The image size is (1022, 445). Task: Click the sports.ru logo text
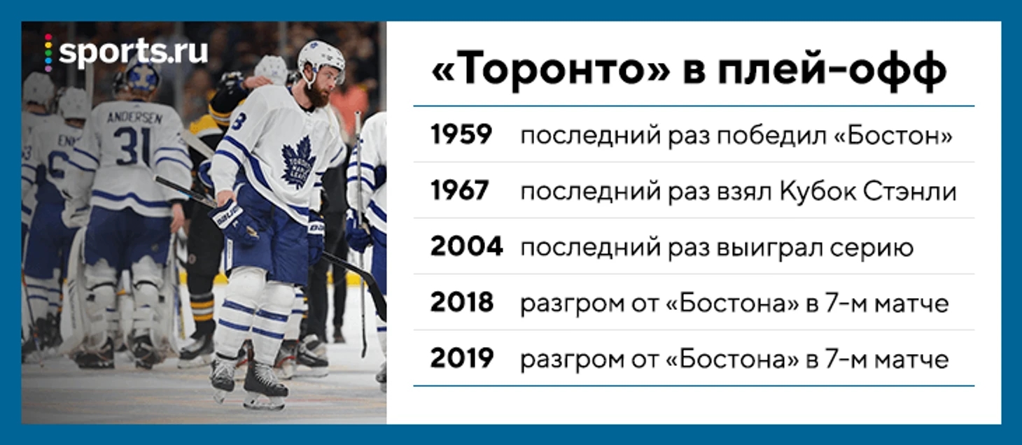[134, 52]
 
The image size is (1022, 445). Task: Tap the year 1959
[461, 134]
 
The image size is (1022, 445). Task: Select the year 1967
[460, 190]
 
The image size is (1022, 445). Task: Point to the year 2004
[466, 247]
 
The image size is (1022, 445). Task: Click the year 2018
[462, 302]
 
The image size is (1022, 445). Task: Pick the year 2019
[462, 358]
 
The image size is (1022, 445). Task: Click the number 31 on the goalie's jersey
[132, 146]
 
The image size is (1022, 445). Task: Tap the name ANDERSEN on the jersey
[134, 118]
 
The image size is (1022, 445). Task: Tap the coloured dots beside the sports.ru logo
[48, 52]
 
